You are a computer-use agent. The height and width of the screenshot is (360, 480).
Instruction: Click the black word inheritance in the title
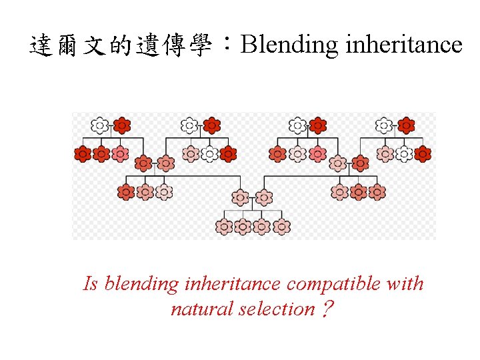pyautogui.click(x=402, y=45)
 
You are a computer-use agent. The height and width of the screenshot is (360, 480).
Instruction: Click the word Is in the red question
pyautogui.click(x=91, y=284)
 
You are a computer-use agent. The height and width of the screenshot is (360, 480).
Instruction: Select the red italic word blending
pyautogui.click(x=141, y=284)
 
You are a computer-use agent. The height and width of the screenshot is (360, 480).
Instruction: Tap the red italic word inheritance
pyautogui.click(x=232, y=284)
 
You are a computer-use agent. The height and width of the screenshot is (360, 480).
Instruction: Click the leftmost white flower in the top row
pyautogui.click(x=100, y=125)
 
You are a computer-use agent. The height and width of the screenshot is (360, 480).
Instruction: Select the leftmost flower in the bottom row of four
pyautogui.click(x=225, y=226)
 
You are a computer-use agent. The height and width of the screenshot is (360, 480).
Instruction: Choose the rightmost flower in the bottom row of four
pyautogui.click(x=282, y=226)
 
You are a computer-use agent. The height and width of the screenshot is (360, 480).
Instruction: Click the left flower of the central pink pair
pyautogui.click(x=240, y=197)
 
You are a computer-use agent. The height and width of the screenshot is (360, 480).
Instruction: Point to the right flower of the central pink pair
pyautogui.click(x=264, y=197)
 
